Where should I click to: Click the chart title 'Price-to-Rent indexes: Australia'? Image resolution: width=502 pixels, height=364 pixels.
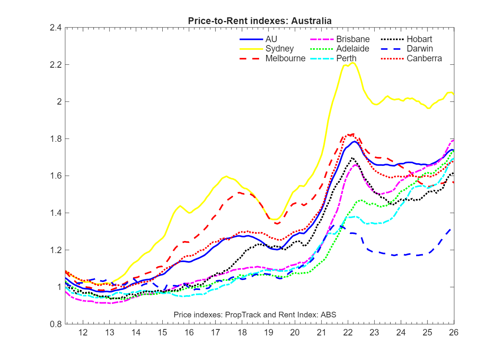(259, 21)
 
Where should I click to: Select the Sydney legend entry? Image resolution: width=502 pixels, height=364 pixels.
(279, 49)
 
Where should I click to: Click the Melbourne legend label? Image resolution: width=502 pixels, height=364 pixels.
(285, 58)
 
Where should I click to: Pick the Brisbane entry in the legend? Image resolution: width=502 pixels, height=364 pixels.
(352, 39)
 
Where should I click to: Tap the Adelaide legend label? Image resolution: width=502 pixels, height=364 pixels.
(352, 49)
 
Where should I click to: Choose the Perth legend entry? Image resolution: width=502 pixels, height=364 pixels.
(346, 58)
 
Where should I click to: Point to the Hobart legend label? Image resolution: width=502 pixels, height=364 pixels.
(419, 39)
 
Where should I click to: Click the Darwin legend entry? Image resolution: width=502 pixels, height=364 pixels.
(420, 49)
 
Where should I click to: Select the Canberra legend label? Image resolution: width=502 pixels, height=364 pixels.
(424, 58)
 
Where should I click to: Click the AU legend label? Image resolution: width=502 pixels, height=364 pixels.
(271, 39)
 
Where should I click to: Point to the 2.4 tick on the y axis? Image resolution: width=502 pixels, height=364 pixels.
(56, 27)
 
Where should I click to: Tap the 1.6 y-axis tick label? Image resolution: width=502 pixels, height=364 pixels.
(56, 176)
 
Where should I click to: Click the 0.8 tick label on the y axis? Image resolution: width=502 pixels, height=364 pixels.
(56, 324)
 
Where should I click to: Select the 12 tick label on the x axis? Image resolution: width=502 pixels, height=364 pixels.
(83, 332)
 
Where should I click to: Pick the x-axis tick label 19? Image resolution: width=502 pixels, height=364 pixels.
(269, 332)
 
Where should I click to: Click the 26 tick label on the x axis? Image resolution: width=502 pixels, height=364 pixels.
(454, 332)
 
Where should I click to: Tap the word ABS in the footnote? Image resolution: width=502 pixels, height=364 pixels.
(328, 315)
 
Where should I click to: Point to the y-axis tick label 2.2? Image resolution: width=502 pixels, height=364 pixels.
(56, 65)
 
